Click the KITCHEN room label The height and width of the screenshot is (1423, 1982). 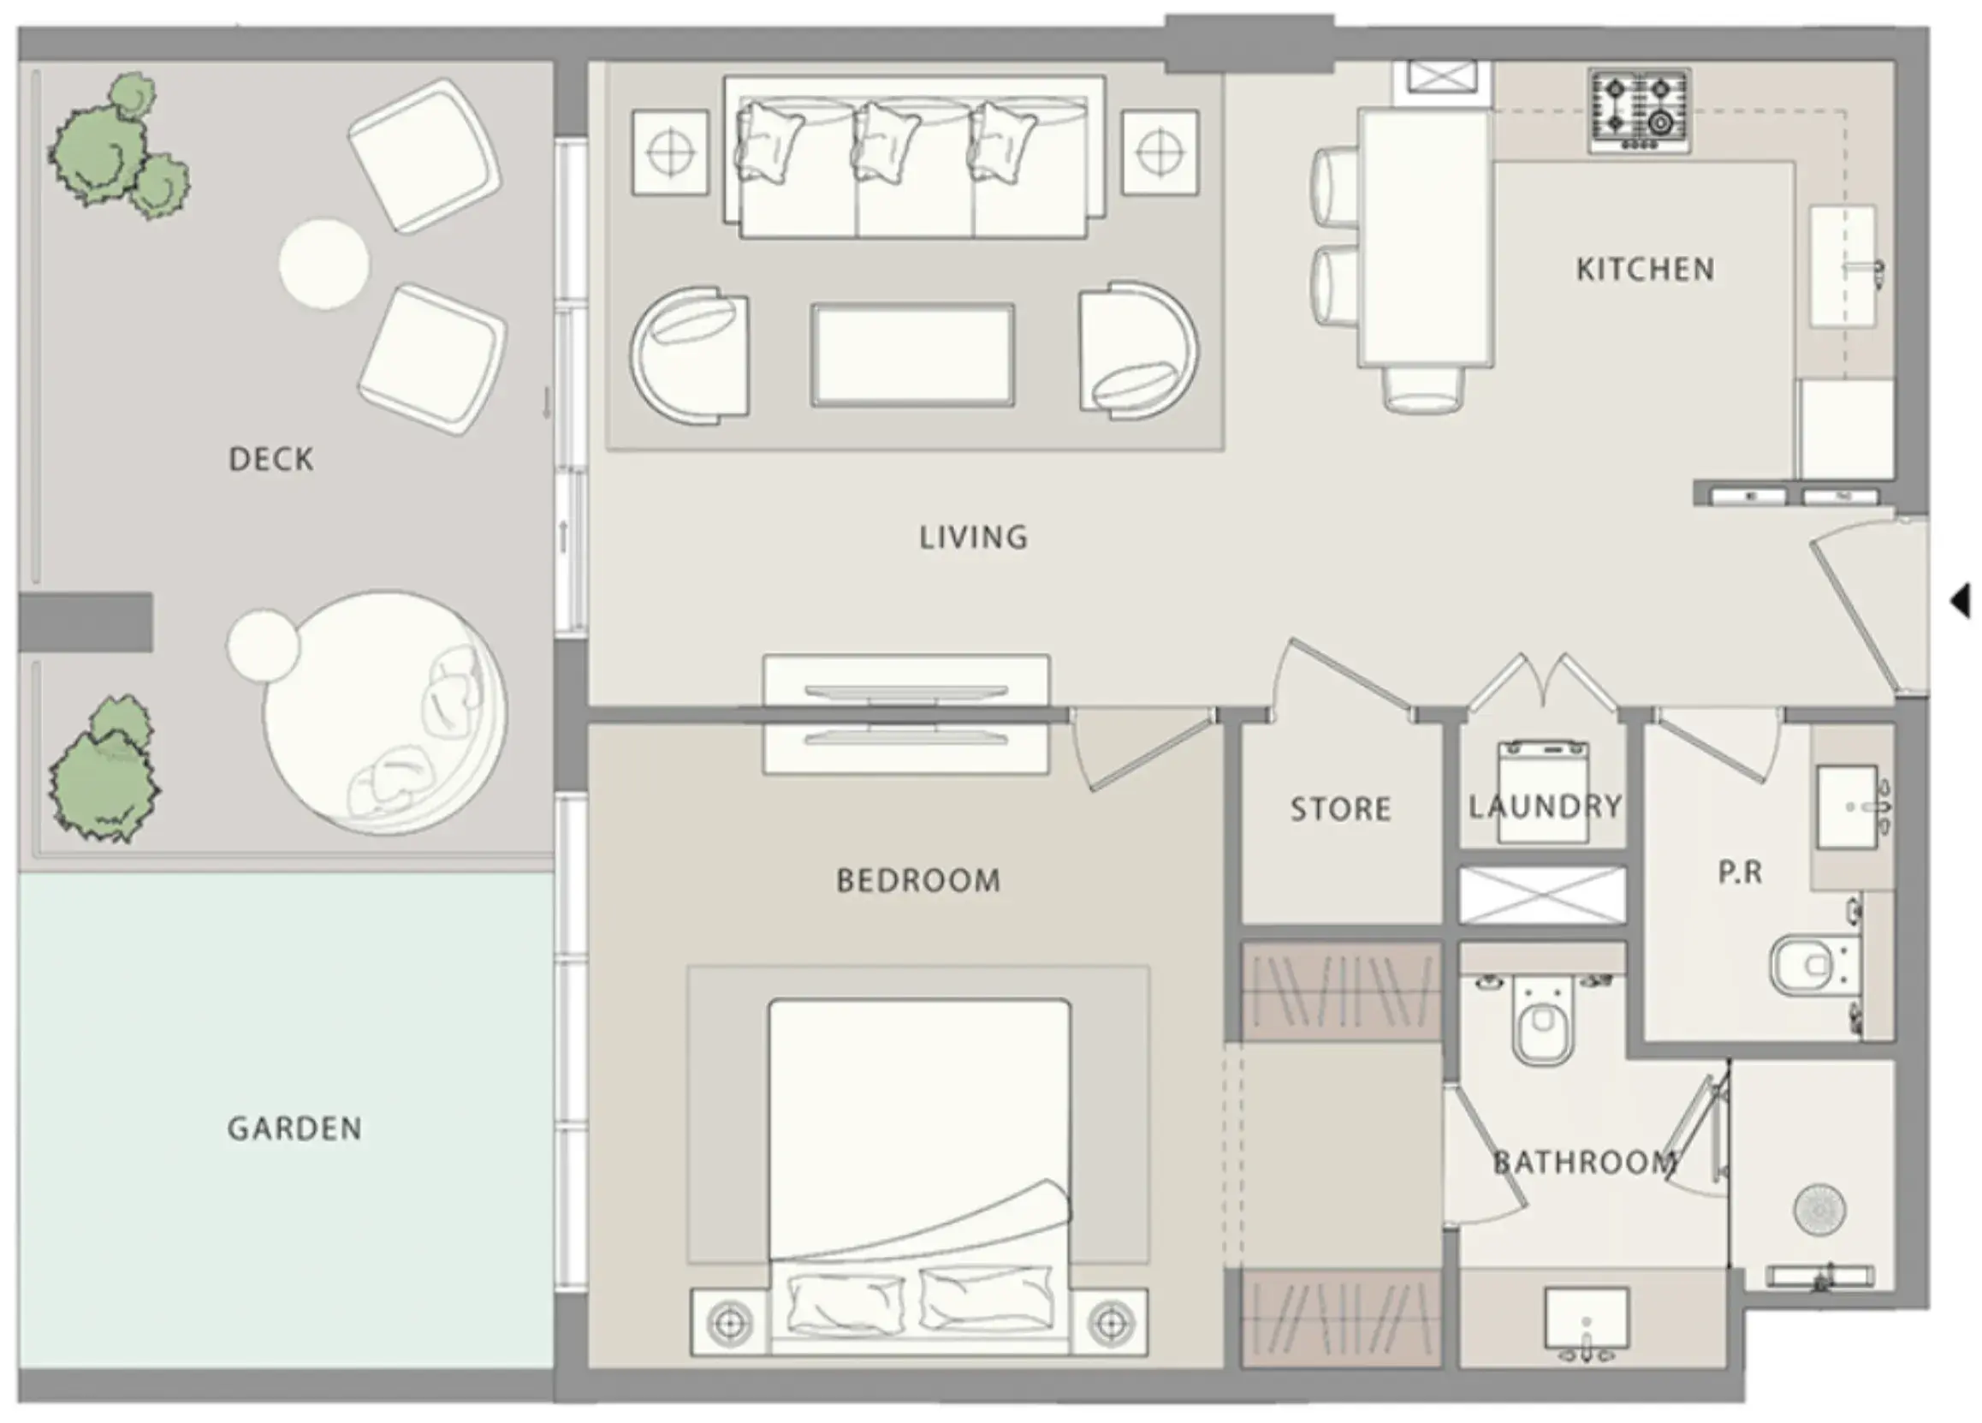tap(1645, 269)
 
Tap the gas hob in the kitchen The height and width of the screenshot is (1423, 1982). tap(1640, 111)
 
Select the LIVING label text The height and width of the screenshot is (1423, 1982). tap(973, 537)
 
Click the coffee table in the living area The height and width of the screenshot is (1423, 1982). tap(912, 354)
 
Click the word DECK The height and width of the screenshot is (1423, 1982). tap(271, 459)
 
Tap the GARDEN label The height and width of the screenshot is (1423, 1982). tap(294, 1128)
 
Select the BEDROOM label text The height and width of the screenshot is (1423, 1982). tap(918, 880)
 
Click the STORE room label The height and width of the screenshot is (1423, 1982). tap(1340, 809)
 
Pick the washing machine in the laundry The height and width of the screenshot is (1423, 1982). tap(1543, 792)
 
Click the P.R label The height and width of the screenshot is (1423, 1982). tap(1739, 872)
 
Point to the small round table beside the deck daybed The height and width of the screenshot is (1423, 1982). tap(263, 646)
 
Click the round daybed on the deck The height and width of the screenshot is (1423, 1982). tap(384, 712)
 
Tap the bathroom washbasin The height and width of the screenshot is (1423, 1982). tap(1586, 1318)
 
